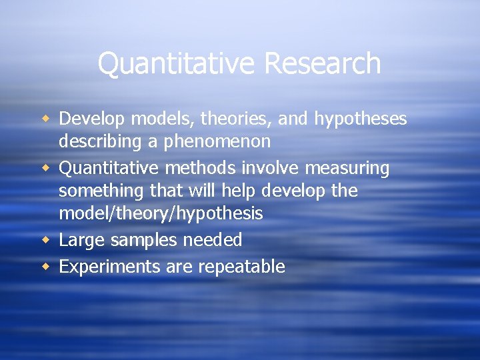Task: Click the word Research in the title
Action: point(323,64)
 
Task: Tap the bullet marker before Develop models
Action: point(47,119)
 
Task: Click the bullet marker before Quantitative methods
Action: point(47,168)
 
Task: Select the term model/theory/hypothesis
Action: point(161,214)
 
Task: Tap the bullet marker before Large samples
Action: point(47,239)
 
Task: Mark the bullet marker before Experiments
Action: point(47,267)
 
